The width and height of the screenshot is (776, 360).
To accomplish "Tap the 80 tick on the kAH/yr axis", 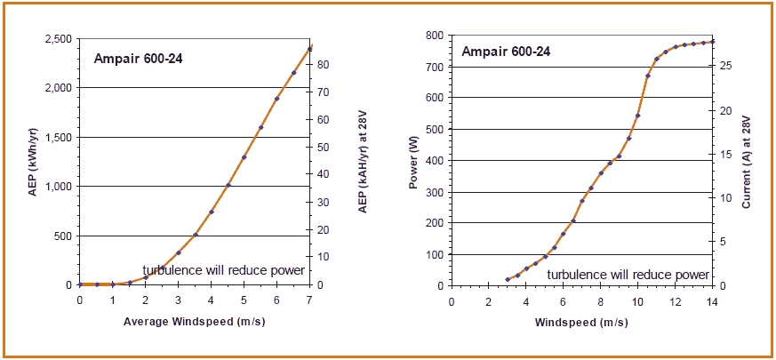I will (x=325, y=65).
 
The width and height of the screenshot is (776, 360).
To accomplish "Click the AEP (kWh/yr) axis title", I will (x=32, y=160).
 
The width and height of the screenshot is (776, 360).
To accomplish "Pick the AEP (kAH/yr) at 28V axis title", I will (x=363, y=160).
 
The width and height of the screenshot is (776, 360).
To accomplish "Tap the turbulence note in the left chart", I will (x=224, y=270).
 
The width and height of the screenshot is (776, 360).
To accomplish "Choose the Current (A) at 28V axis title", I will (x=747, y=160).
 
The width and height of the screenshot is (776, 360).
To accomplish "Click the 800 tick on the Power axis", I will (x=434, y=36).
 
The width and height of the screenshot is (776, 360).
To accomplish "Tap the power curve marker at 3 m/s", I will (x=508, y=279).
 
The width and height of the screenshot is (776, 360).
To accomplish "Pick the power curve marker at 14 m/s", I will (x=712, y=41).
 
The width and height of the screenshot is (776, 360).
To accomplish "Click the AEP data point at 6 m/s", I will (x=277, y=99).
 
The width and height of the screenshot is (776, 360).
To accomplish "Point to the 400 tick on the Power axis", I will (x=434, y=161).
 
